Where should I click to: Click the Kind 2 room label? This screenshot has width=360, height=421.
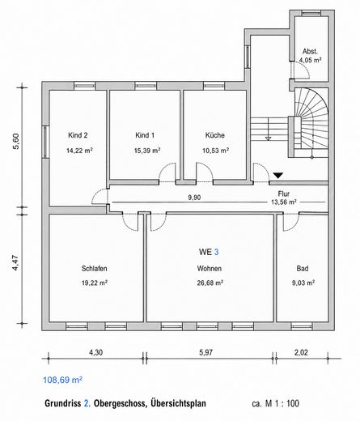coord(78,135)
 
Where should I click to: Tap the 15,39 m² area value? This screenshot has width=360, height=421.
coord(147,151)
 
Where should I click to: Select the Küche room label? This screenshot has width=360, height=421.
coord(215,135)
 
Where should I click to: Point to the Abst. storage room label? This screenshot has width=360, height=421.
coord(310,51)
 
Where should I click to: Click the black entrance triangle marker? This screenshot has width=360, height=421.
coord(278,176)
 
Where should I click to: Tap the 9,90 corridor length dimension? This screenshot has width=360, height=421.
coord(194,198)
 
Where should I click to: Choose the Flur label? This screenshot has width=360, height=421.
coord(284,193)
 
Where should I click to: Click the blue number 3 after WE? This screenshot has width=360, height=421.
coord(216,252)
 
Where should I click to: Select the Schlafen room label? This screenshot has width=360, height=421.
coord(95,269)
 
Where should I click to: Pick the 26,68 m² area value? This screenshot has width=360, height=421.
coord(210,283)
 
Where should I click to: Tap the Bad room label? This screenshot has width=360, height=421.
coord(303,269)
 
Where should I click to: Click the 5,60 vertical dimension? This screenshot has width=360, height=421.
coord(16,141)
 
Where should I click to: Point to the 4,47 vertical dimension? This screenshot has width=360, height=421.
coord(15,263)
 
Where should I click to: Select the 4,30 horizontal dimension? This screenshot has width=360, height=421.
coord(95,352)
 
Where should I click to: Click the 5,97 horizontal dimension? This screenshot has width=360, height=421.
coord(206,352)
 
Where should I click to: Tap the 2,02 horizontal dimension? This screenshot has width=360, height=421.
coord(301,352)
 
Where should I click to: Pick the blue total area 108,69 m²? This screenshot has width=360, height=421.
coord(62,380)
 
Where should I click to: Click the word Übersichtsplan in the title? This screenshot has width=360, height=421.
coord(178,403)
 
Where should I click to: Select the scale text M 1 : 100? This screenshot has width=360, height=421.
coord(282,403)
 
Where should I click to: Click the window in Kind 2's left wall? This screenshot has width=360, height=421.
coord(45,142)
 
